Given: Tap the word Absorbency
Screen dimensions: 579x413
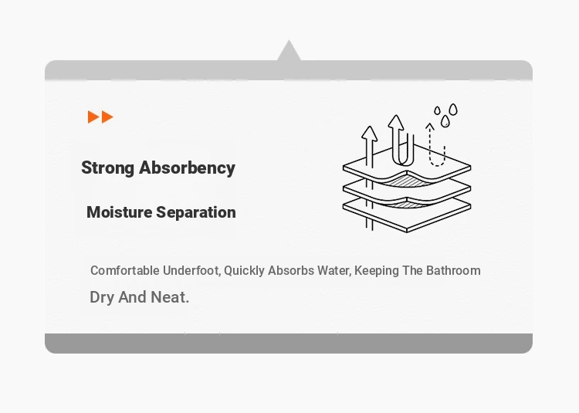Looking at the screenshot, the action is [x=188, y=168].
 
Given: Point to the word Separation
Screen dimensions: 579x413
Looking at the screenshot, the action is [x=196, y=212].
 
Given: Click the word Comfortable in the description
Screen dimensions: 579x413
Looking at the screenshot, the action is [x=125, y=270].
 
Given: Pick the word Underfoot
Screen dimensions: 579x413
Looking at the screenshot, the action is [x=191, y=270].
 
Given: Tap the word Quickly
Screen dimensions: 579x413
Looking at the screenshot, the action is [x=244, y=270].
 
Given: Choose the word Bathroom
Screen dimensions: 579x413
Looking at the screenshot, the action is [x=453, y=270].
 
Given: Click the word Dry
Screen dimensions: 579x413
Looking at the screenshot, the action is [x=102, y=297].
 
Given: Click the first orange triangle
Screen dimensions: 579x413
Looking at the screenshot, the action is [x=93, y=117].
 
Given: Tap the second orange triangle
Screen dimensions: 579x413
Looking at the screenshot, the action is [x=107, y=117].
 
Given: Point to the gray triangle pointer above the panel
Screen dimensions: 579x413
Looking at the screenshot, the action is [x=289, y=51].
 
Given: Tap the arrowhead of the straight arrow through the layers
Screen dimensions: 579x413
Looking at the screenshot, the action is [x=369, y=134].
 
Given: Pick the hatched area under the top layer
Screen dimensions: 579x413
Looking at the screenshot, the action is [x=406, y=181].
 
